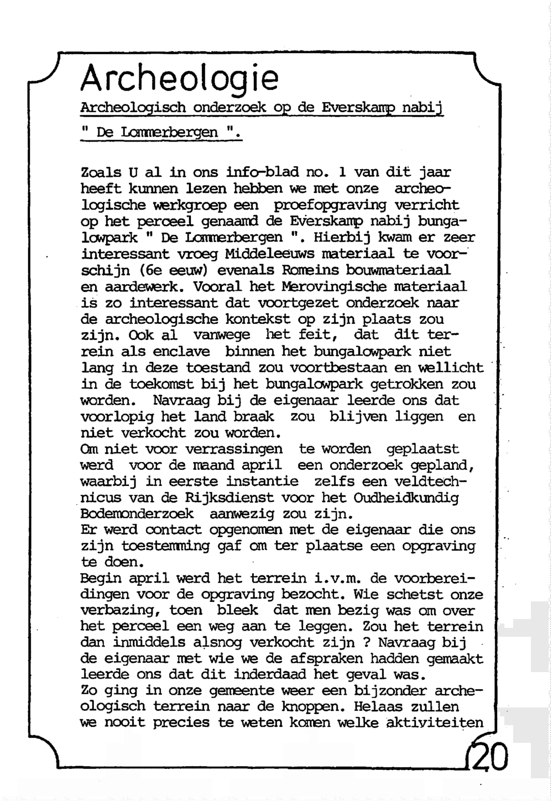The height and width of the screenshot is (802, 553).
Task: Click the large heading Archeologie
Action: pyautogui.click(x=178, y=78)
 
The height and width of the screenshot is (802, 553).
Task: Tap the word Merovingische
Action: pyautogui.click(x=334, y=286)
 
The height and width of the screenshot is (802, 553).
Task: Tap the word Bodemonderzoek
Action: pyautogui.click(x=137, y=514)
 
